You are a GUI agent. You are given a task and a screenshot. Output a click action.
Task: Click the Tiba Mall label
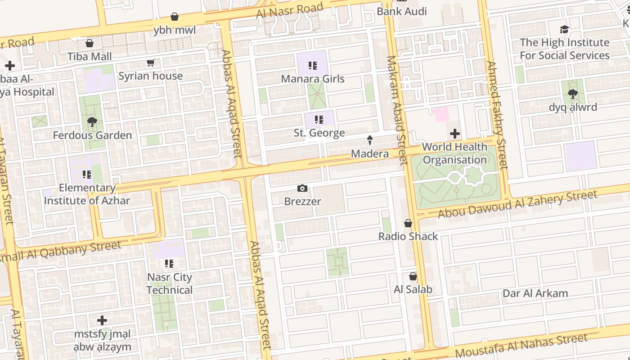tap(90, 57)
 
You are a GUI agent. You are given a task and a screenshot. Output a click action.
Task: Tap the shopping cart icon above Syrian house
tap(150, 63)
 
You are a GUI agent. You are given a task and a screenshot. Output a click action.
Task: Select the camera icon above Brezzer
tap(302, 188)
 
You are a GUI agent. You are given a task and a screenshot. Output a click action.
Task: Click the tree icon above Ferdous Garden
tap(92, 121)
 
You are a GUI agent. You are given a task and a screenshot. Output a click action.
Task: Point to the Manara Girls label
tap(312, 79)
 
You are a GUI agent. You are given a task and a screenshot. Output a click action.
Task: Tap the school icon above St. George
tap(319, 120)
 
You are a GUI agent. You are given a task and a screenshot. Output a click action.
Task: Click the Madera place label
tap(369, 154)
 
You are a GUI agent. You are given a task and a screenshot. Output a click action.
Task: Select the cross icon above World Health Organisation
tap(455, 134)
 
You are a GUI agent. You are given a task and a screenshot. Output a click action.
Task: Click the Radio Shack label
tap(408, 236)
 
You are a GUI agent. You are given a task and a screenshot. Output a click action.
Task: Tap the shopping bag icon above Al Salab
tap(413, 276)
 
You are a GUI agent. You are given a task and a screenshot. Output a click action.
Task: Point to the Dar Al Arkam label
tap(535, 293)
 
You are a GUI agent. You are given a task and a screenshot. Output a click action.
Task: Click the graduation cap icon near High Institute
tap(564, 30)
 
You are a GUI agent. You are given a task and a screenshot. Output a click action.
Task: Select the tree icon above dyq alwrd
tap(572, 94)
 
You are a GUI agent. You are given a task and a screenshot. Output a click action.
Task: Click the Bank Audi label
tap(401, 11)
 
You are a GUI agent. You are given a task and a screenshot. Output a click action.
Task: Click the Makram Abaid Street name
tap(396, 110)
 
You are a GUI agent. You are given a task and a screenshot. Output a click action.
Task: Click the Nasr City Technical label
tap(169, 283)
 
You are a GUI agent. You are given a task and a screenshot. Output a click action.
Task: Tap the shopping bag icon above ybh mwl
tap(175, 17)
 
